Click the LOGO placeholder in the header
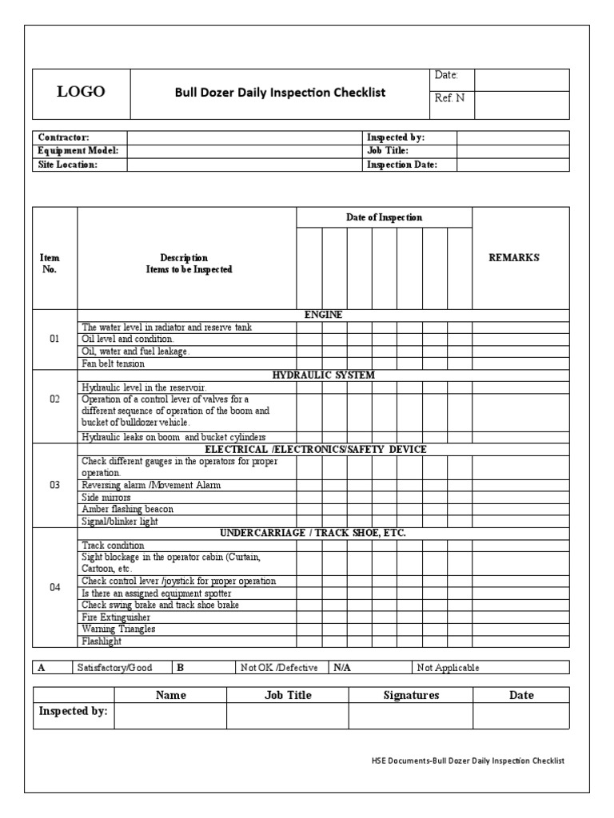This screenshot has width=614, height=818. pyautogui.click(x=80, y=92)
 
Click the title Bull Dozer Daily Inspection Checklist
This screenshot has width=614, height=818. pyautogui.click(x=280, y=92)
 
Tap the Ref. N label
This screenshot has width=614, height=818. pyautogui.click(x=449, y=98)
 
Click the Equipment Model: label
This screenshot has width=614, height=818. pyautogui.click(x=78, y=150)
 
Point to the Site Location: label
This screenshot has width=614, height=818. pyautogui.click(x=68, y=165)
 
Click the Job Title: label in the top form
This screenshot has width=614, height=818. pyautogui.click(x=388, y=150)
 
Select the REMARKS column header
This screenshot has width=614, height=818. pyautogui.click(x=513, y=257)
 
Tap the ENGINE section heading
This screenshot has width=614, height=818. pyautogui.click(x=324, y=315)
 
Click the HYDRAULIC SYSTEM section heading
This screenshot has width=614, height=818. pyautogui.click(x=324, y=375)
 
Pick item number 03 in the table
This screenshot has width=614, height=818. pyautogui.click(x=54, y=485)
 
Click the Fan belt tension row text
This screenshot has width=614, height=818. pyautogui.click(x=114, y=363)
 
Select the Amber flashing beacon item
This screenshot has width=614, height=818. pyautogui.click(x=128, y=509)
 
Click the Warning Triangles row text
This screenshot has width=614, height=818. pyautogui.click(x=118, y=629)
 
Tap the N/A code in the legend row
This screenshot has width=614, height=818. pyautogui.click(x=342, y=668)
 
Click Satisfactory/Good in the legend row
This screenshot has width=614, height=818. pyautogui.click(x=114, y=668)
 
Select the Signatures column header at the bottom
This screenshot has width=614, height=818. pyautogui.click(x=411, y=695)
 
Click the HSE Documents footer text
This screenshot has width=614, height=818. pyautogui.click(x=463, y=760)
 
